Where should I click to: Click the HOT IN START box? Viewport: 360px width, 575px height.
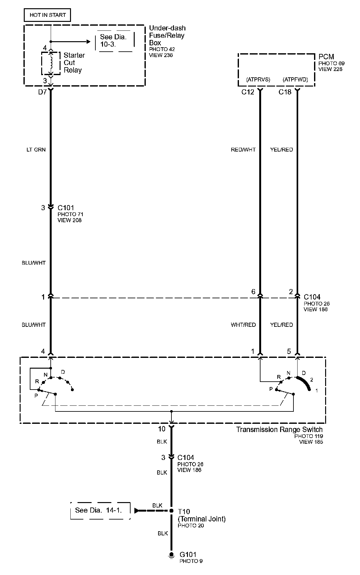(x=48, y=15)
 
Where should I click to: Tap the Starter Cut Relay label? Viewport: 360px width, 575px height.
(x=74, y=63)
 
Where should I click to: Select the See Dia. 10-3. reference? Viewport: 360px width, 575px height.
(x=113, y=41)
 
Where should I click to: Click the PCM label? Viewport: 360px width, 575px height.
(x=326, y=57)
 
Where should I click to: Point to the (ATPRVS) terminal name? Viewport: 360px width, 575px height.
(x=258, y=80)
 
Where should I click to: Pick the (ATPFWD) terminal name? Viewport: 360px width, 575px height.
(x=295, y=80)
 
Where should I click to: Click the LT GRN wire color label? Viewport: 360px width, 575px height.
(x=36, y=150)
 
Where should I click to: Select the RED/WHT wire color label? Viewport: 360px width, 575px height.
(x=243, y=150)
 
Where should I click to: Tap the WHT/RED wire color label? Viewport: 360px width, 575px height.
(x=243, y=325)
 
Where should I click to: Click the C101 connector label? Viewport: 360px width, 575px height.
(x=66, y=208)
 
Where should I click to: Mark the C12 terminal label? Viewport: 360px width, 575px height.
(x=248, y=92)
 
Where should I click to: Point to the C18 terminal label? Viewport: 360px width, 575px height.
(x=285, y=92)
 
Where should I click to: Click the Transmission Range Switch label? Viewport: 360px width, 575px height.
(x=279, y=430)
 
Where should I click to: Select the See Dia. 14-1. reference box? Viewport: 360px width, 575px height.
(x=100, y=510)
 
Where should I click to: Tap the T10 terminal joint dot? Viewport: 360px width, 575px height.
(x=171, y=511)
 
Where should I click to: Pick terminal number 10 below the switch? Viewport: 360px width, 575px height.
(x=162, y=429)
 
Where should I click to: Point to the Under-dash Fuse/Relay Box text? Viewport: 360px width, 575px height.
(x=167, y=36)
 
